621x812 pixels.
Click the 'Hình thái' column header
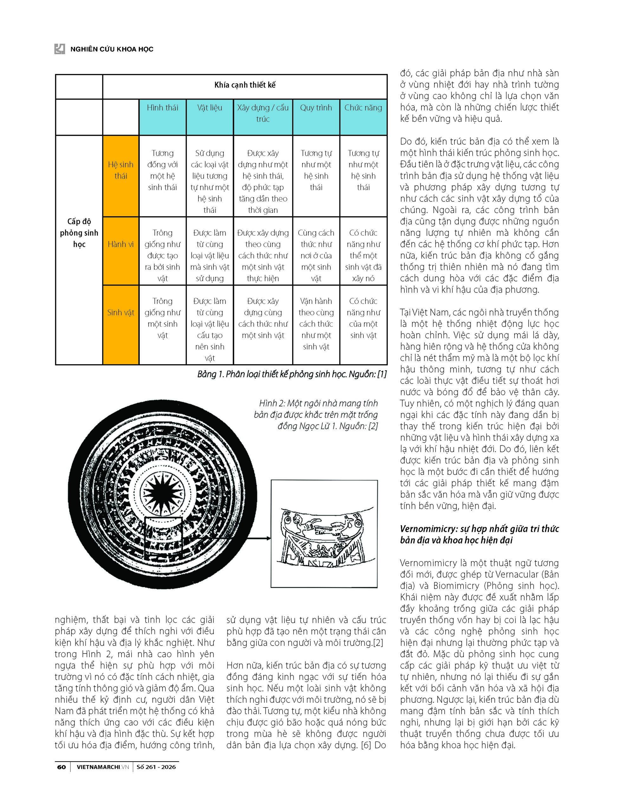pos(162,108)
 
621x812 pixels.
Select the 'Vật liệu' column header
pos(210,108)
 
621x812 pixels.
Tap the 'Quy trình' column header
pos(316,108)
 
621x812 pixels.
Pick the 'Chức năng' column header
pos(363,108)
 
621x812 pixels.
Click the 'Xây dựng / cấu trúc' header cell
pos(263,113)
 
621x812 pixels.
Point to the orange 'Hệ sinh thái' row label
pos(120,170)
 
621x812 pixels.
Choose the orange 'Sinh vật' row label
pos(120,312)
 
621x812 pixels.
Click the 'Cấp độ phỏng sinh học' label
pos(79,232)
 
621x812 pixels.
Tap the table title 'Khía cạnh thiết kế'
pos(245,85)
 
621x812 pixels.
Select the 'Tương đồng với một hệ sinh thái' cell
pos(162,170)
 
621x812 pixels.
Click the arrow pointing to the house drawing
pos(263,538)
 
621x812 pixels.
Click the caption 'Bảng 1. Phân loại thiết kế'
pos(292,374)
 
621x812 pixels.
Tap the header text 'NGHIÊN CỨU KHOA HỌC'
pos(112,49)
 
